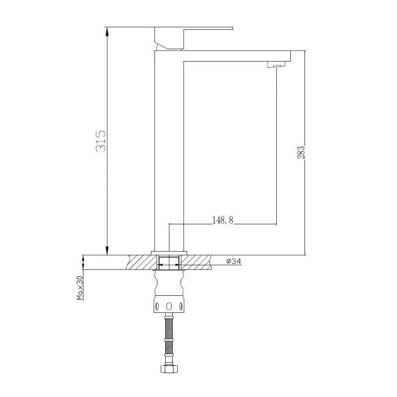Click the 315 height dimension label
[101, 141]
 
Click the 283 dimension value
[301, 152]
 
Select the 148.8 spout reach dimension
[222, 220]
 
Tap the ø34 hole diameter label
[234, 261]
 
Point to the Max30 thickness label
[80, 288]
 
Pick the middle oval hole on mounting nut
[169, 306]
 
